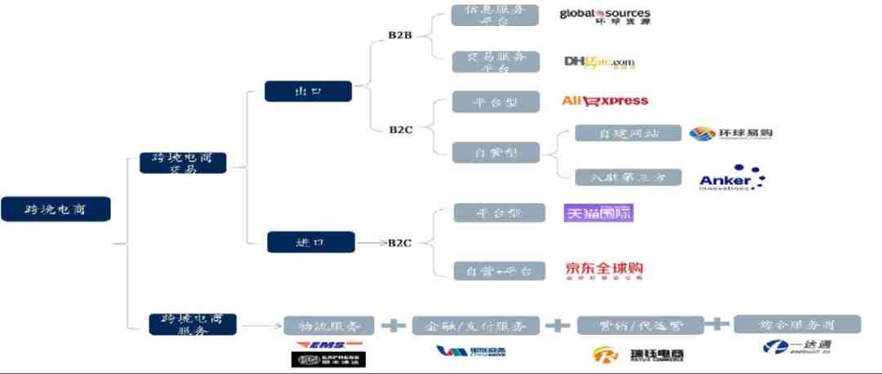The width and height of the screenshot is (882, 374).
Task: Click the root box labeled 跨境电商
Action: coord(56,209)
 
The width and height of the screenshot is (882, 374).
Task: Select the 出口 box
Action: coord(308,91)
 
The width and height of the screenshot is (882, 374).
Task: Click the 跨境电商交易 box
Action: coord(183,162)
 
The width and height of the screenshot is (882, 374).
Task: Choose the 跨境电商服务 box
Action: coord(193,323)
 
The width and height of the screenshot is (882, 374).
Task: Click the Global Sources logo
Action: coord(605,16)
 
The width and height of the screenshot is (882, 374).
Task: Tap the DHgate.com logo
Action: coord(599,62)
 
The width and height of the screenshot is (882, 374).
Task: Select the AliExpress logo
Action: coord(605,101)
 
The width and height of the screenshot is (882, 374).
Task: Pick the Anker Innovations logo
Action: coord(732,178)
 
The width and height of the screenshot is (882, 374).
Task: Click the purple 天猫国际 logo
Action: coord(599,213)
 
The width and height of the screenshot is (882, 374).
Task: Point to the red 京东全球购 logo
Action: coord(605,270)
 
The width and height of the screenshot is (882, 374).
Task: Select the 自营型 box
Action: coord(496,152)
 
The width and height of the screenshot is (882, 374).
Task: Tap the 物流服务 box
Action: coord(329,326)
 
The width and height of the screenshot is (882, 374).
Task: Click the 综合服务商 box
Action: coord(797,323)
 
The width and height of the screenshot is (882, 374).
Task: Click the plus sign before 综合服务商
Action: coord(717,323)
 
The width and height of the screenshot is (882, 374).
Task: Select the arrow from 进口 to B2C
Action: coord(372,243)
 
